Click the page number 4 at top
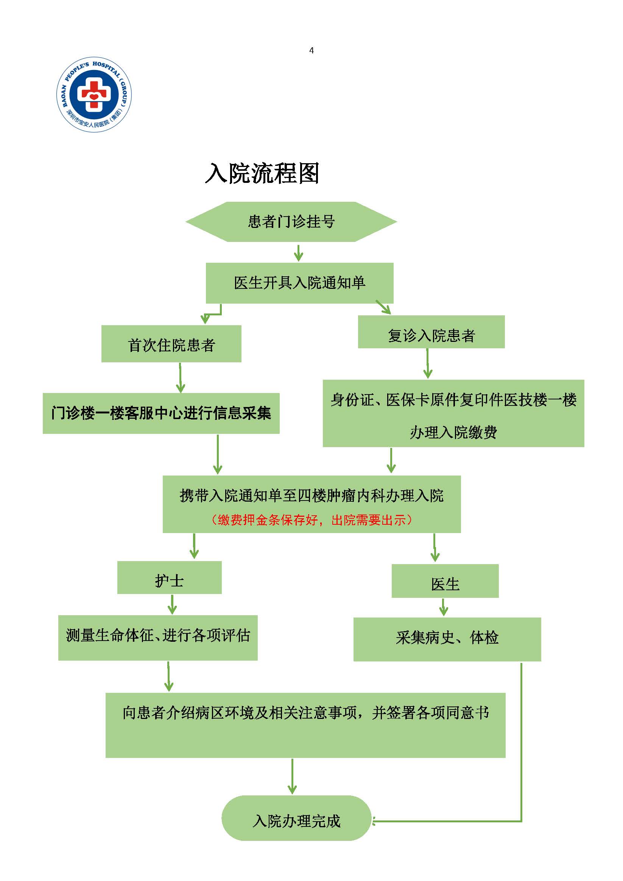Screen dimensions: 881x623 pos(311,51)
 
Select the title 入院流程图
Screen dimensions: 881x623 pos(262,173)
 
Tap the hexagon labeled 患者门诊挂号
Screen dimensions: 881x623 pos(291,222)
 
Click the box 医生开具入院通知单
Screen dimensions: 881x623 pos(300,283)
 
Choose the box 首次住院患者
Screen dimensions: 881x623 pos(171,344)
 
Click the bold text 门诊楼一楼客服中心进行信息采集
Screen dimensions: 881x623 pos(161,413)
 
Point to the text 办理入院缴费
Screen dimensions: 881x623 pos(453,432)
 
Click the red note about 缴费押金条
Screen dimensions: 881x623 pos(311,520)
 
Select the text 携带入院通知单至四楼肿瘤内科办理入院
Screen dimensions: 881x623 pos(311,495)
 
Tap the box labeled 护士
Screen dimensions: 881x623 pos(169,580)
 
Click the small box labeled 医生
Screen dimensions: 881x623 pos(445,584)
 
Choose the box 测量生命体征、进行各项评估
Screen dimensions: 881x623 pos(158,635)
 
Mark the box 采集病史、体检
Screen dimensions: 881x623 pos(447,638)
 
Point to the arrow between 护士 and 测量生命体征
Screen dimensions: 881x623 pos(172,604)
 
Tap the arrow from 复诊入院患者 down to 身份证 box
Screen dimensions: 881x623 pos(428,364)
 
